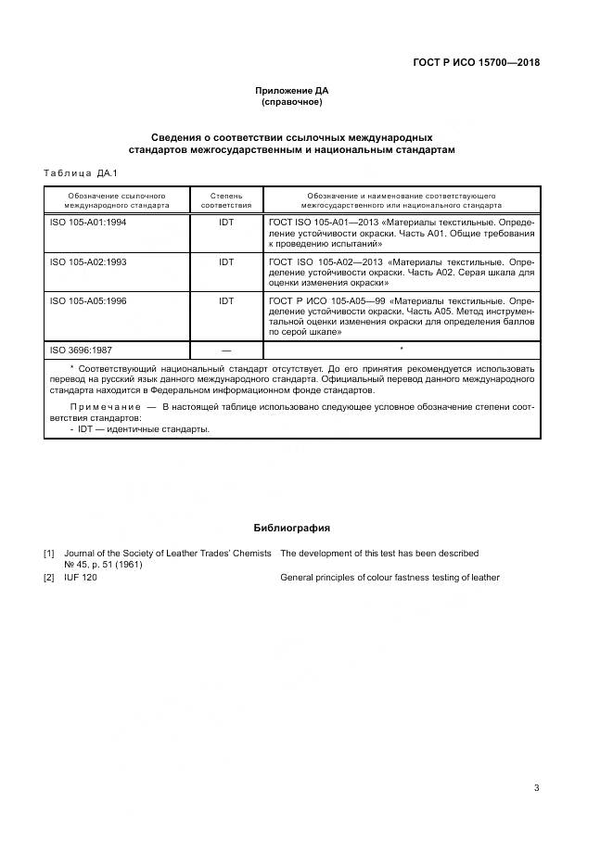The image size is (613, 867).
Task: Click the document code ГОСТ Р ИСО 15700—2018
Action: click(476, 63)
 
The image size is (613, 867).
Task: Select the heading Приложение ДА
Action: click(292, 91)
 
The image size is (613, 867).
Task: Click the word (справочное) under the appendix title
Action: click(292, 102)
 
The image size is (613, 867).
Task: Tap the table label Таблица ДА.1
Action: click(81, 173)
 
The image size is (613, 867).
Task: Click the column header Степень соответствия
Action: click(226, 201)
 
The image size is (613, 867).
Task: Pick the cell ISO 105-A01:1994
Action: click(88, 223)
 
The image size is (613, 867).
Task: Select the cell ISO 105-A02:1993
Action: click(88, 262)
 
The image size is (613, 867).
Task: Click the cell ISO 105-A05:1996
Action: click(88, 301)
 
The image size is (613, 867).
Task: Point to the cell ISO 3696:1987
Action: click(81, 351)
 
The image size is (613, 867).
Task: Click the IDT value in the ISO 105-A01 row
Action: click(226, 223)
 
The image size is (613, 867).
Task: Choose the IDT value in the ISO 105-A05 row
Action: click(226, 301)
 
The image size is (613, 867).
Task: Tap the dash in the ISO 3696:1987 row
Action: click(226, 351)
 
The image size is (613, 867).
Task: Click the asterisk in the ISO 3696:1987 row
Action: click(401, 350)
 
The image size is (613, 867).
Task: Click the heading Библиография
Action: click(292, 528)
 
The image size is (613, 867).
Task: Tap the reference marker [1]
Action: click(49, 554)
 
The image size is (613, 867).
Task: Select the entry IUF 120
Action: click(81, 578)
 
